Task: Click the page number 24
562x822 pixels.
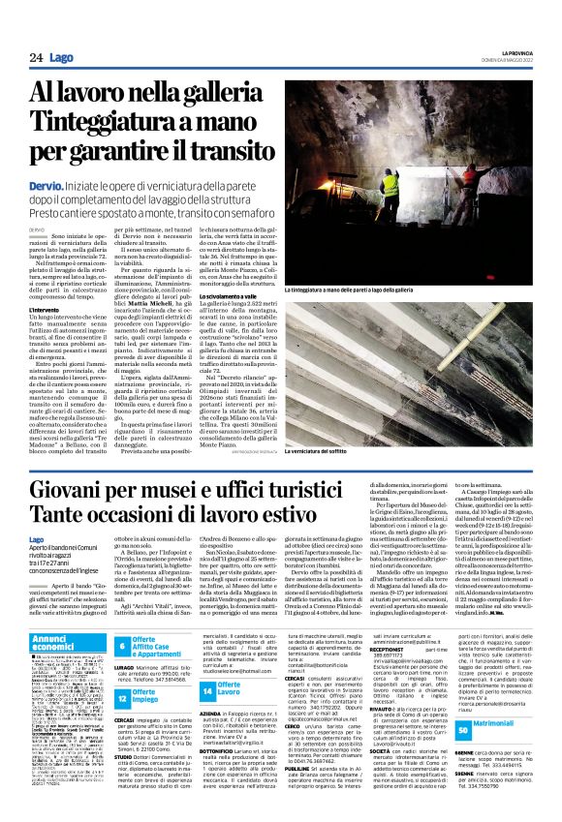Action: [35, 58]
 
